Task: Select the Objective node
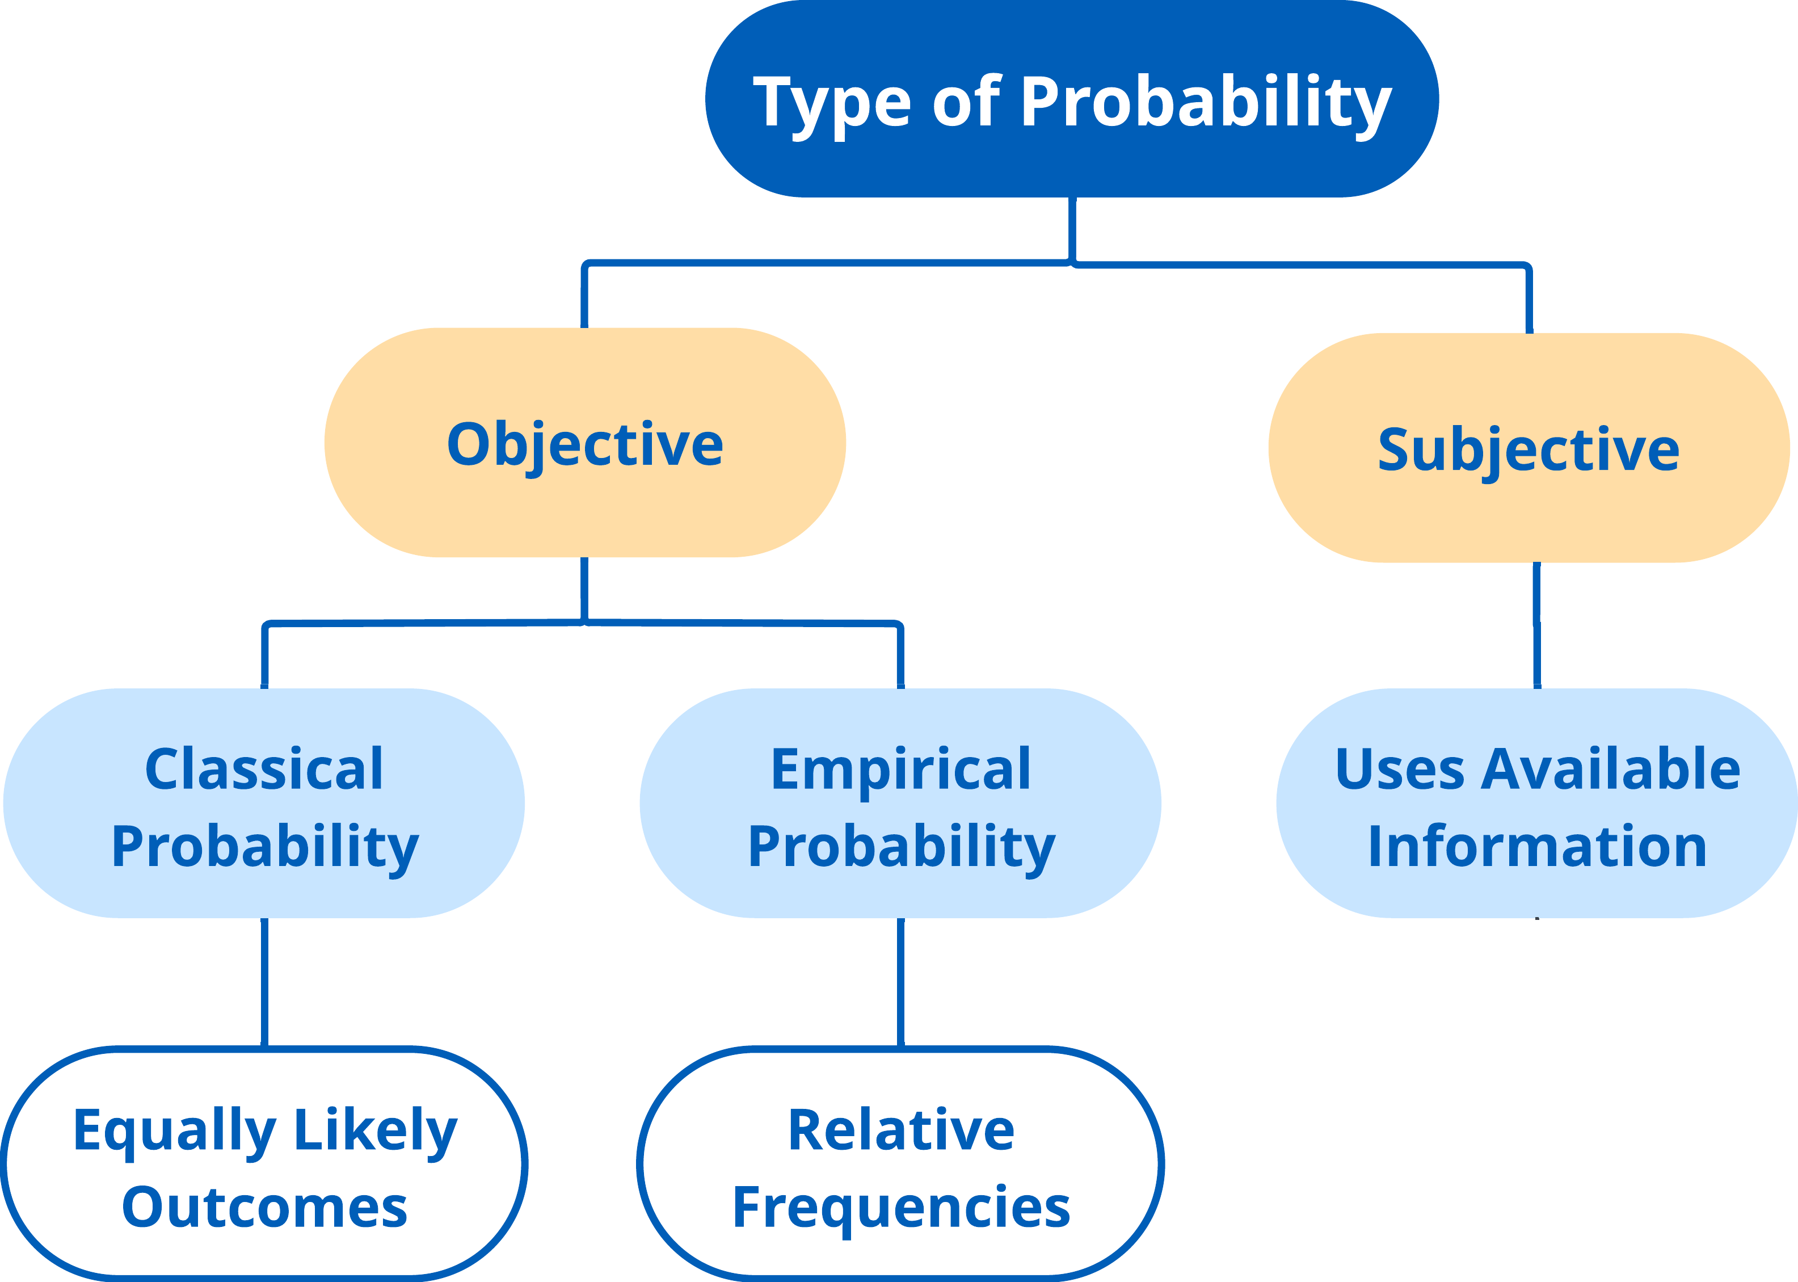point(585,442)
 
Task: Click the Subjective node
point(1529,448)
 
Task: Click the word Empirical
point(900,770)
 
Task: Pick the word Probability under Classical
point(265,847)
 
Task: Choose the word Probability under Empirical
point(902,847)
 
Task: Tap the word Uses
point(1399,769)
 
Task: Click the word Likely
point(376,1131)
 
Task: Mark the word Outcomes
point(264,1207)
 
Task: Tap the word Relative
point(902,1130)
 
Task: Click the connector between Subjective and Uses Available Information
point(1537,625)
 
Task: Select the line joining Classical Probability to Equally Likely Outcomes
point(264,983)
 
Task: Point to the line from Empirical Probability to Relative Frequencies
point(900,983)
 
